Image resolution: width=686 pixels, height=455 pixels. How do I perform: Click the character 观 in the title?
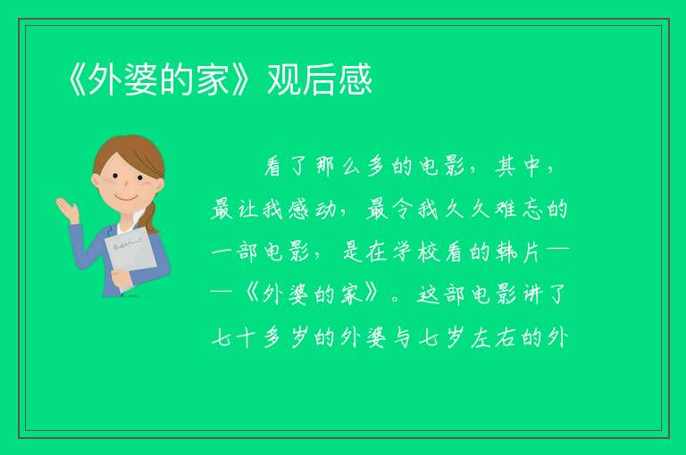[284, 79]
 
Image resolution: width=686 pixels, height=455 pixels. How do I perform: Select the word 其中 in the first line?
[518, 167]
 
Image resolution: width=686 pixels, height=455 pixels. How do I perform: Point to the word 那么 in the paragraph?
[338, 167]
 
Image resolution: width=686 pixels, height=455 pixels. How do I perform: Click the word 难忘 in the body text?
[519, 210]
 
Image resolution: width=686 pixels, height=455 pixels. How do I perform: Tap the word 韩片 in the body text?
[519, 252]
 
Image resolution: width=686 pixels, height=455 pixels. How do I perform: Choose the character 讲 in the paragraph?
[532, 294]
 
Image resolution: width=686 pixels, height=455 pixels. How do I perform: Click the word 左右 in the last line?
[493, 337]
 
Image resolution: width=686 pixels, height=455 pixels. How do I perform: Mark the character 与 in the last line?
[403, 337]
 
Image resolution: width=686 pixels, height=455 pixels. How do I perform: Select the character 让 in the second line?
[248, 210]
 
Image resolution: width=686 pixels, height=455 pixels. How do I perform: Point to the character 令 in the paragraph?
[403, 210]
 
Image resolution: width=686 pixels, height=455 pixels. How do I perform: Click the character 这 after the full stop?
[429, 294]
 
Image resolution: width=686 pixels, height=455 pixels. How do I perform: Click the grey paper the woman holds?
[130, 257]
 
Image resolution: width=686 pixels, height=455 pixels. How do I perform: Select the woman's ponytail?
[151, 217]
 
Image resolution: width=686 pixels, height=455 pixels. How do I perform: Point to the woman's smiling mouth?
[127, 198]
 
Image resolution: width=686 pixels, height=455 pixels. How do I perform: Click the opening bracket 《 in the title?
[78, 79]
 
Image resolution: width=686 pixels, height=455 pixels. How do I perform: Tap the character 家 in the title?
[212, 79]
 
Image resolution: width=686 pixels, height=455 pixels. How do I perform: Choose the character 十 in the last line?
[248, 337]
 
